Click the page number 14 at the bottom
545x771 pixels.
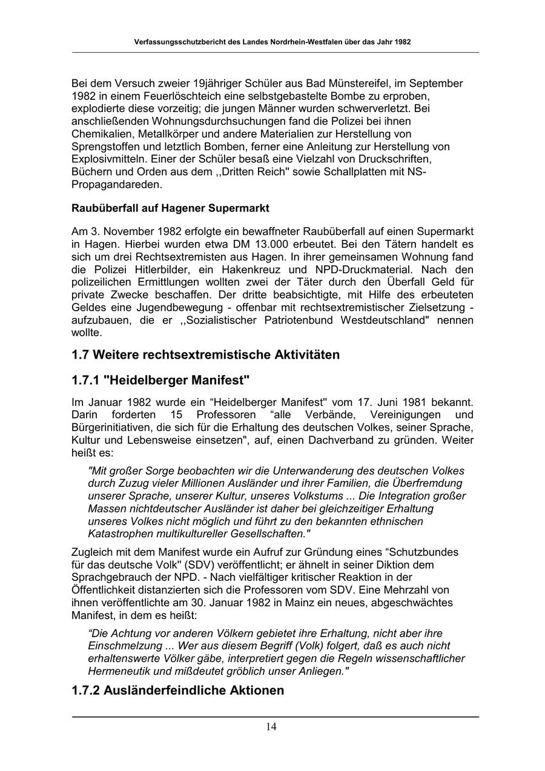click(x=271, y=727)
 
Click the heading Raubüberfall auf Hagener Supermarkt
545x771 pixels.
click(x=170, y=208)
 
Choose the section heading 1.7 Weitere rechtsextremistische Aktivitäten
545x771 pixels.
click(x=205, y=354)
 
